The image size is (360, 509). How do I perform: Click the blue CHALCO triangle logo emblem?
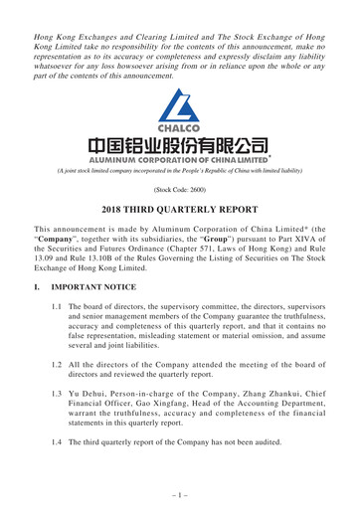pyautogui.click(x=179, y=105)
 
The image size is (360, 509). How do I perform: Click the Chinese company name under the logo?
pyautogui.click(x=179, y=147)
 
